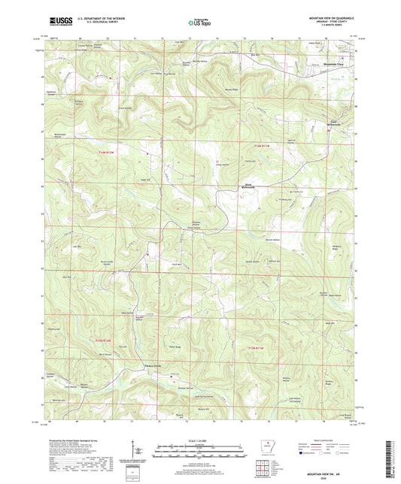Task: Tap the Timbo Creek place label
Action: (153, 367)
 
